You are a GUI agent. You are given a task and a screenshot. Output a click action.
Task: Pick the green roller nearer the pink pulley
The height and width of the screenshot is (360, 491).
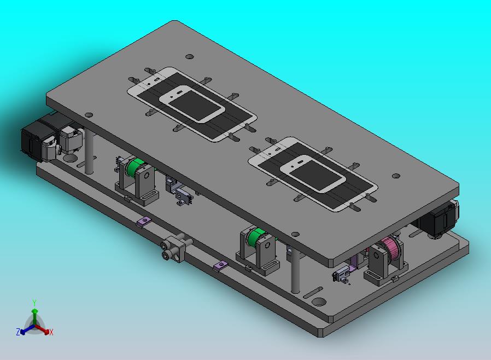(x=256, y=237)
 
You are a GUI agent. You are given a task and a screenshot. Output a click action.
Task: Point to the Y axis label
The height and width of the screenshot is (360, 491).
(x=34, y=303)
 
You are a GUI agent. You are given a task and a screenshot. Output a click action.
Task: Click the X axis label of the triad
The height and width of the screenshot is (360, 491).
(x=51, y=332)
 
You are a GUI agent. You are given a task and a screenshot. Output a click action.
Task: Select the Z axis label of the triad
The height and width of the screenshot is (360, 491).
(x=18, y=332)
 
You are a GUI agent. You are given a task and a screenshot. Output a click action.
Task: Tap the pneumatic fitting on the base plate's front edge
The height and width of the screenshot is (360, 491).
(x=176, y=248)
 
